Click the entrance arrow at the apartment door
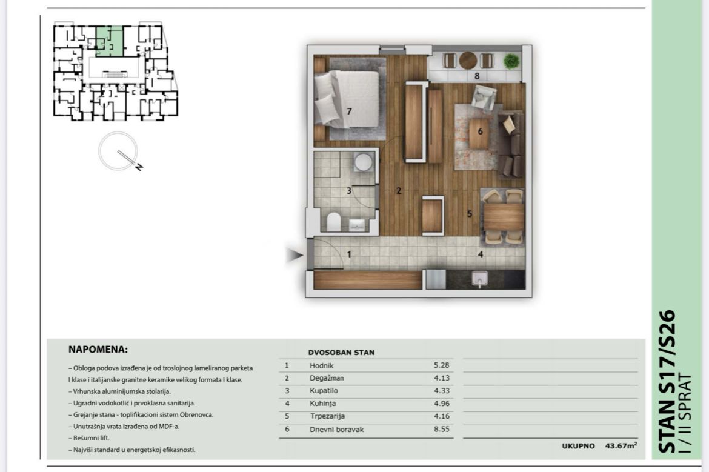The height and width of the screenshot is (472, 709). coord(295,256)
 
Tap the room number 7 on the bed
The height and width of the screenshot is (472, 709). coord(349,111)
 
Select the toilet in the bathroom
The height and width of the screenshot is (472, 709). coord(334,222)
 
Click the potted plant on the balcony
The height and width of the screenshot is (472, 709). coord(511,61)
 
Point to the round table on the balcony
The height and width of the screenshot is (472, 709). coord(468,60)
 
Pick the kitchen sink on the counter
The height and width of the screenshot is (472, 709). coord(479,279)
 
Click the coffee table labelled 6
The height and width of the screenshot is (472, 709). coord(479,133)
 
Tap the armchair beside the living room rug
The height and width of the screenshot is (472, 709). coord(484,98)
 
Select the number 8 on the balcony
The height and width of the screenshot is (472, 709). coord(477,76)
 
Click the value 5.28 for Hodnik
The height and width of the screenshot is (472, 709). coord(441,365)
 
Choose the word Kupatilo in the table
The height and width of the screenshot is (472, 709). coord(324,391)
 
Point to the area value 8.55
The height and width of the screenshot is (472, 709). coord(441,429)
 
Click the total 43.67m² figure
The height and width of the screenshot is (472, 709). coord(621,445)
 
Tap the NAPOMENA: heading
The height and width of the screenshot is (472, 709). coord(98,350)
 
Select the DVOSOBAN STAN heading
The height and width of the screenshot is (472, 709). coord(341,353)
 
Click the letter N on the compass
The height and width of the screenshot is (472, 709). coord(139,167)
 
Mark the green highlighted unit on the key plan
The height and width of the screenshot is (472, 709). coord(110,41)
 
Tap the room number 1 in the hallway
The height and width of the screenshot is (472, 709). coord(349,254)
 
